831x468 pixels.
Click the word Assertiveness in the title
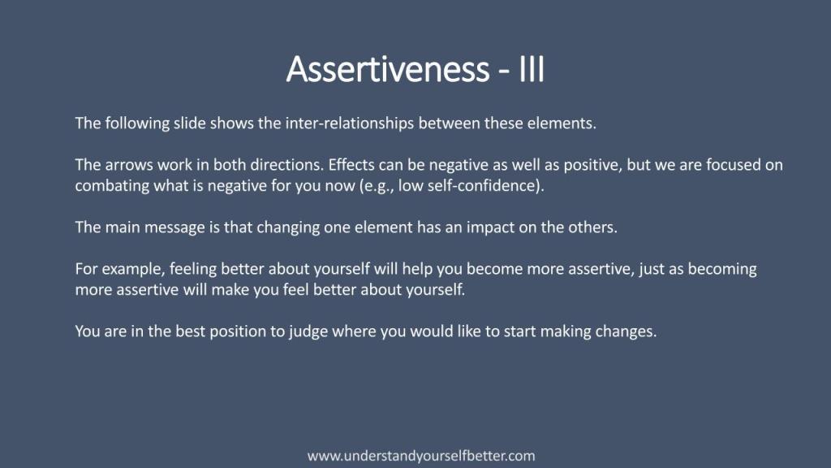point(388,69)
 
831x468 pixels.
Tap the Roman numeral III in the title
point(532,69)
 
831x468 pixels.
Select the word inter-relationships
point(350,123)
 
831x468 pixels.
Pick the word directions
point(286,164)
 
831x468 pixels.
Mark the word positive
point(592,165)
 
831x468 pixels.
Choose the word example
point(134,269)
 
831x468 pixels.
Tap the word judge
point(307,331)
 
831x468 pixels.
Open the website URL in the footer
point(421,456)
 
